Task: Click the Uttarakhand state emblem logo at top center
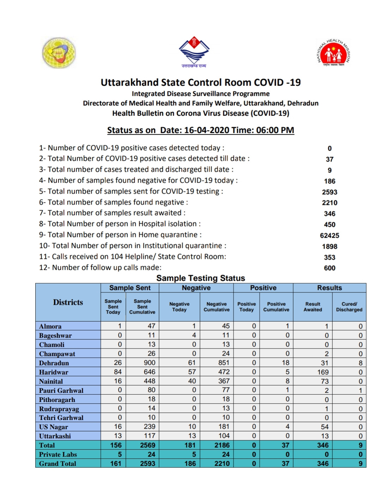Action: [x=194, y=51]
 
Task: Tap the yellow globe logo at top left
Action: [x=59, y=53]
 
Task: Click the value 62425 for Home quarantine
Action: [x=329, y=235]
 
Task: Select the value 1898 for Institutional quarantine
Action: [x=329, y=246]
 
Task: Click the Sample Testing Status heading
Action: [x=200, y=278]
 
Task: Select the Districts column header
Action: [x=68, y=302]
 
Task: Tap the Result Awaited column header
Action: [x=313, y=306]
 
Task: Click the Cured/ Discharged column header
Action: [x=349, y=306]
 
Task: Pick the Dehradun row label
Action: [x=54, y=363]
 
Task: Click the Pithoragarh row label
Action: [x=57, y=400]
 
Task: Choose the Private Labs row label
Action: [x=58, y=454]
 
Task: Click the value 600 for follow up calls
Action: [x=329, y=268]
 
